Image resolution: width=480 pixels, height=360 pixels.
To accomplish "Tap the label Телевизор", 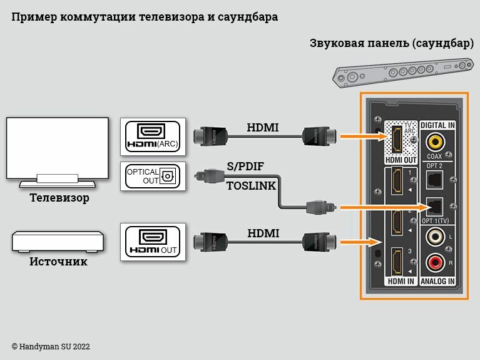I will [59, 198].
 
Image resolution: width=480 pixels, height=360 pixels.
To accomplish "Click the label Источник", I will [58, 262].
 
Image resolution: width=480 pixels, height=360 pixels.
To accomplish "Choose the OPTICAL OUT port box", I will [153, 176].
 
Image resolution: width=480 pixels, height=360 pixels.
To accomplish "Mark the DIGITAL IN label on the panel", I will [437, 126].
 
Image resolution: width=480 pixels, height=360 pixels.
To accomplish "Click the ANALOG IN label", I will [437, 281].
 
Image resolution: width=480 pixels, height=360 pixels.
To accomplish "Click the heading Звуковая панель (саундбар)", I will [391, 43].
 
